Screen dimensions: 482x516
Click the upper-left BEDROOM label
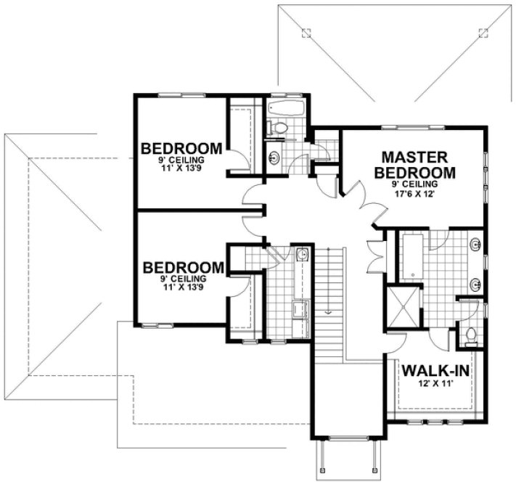click(181, 149)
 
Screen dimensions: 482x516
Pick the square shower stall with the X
click(401, 306)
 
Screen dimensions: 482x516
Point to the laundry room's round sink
click(302, 253)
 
